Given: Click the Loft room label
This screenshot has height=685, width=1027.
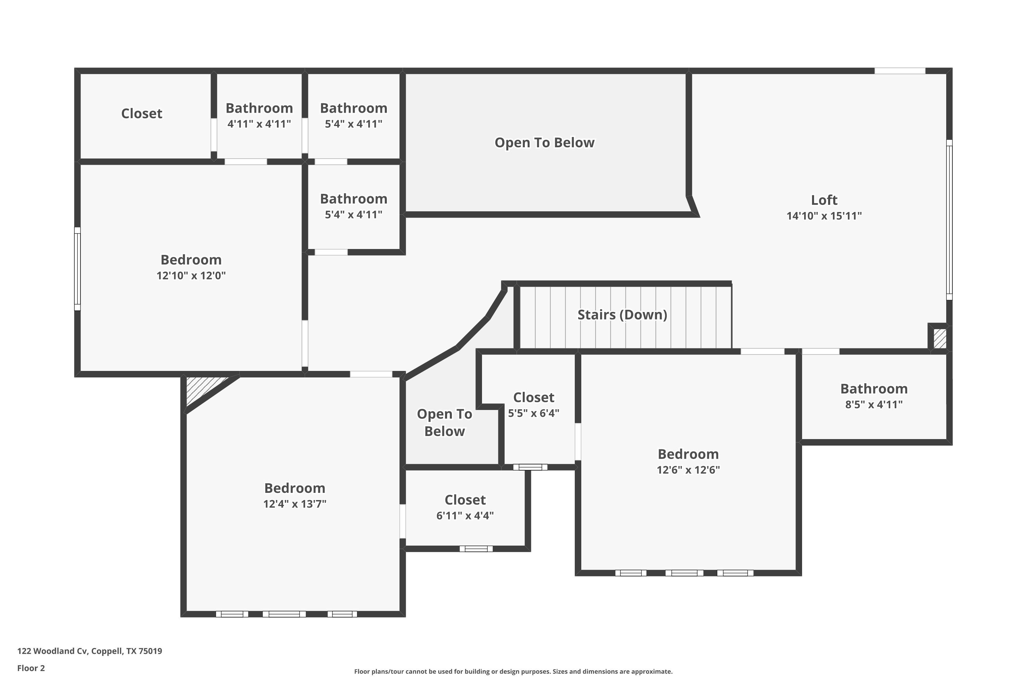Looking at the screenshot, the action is coord(824,200).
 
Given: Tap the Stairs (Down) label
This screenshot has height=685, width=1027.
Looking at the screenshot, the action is coord(622,314).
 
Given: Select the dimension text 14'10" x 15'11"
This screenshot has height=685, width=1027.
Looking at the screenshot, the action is coord(824,216).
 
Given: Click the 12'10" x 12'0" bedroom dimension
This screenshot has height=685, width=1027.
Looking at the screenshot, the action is coord(191,276).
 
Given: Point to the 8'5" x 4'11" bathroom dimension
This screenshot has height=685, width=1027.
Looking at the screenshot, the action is coord(874,404).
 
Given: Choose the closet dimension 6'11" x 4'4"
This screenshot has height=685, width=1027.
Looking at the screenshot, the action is coord(465,515).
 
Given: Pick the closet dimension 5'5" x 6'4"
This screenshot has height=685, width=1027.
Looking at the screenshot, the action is coord(534,413).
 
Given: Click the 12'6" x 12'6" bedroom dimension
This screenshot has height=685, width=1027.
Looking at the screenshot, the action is coord(688,470).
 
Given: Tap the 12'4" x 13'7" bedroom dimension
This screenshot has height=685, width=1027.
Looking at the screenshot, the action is coord(295,504).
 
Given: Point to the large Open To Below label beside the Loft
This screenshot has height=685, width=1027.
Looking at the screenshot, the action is coord(545,143).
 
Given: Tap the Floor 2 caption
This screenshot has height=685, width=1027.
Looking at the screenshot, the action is coord(31,668).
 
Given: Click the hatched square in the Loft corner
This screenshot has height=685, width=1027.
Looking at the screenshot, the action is coord(940,338).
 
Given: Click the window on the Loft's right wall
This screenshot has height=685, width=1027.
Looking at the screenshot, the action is coord(949,220).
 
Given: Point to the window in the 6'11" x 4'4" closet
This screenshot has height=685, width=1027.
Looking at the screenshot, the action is coord(476,549).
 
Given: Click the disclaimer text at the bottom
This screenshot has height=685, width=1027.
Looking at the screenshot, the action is coord(513,671).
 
